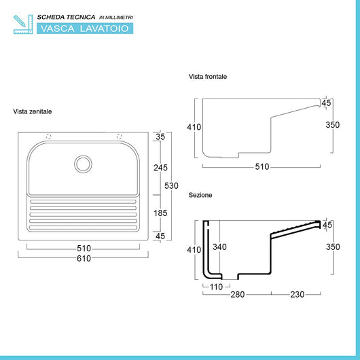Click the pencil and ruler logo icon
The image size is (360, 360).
point(23,24)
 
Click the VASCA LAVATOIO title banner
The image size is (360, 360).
point(85,29)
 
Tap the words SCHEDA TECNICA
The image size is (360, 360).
point(66,17)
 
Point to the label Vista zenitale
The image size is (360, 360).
point(33,111)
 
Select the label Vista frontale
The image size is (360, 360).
point(208,77)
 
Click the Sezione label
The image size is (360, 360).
point(200,195)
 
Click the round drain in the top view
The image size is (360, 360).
point(83,164)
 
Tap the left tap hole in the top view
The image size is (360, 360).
point(48,137)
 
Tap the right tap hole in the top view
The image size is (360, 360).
point(119,137)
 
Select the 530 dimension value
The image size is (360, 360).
point(171,185)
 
